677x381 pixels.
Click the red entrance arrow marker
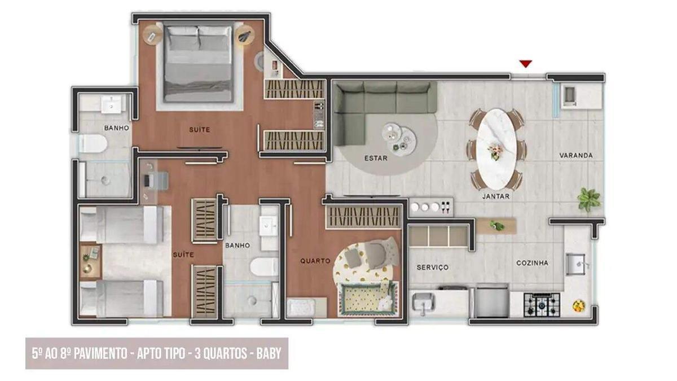[525, 64]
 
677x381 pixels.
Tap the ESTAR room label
[376, 158]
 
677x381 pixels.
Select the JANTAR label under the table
[496, 196]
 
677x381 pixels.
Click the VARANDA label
[576, 155]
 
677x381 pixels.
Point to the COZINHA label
[532, 262]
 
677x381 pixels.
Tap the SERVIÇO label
[433, 267]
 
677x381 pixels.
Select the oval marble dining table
[496, 148]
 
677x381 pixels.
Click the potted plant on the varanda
[588, 199]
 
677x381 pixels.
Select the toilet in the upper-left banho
[93, 144]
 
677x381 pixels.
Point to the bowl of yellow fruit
[578, 306]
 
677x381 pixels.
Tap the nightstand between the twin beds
[89, 261]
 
